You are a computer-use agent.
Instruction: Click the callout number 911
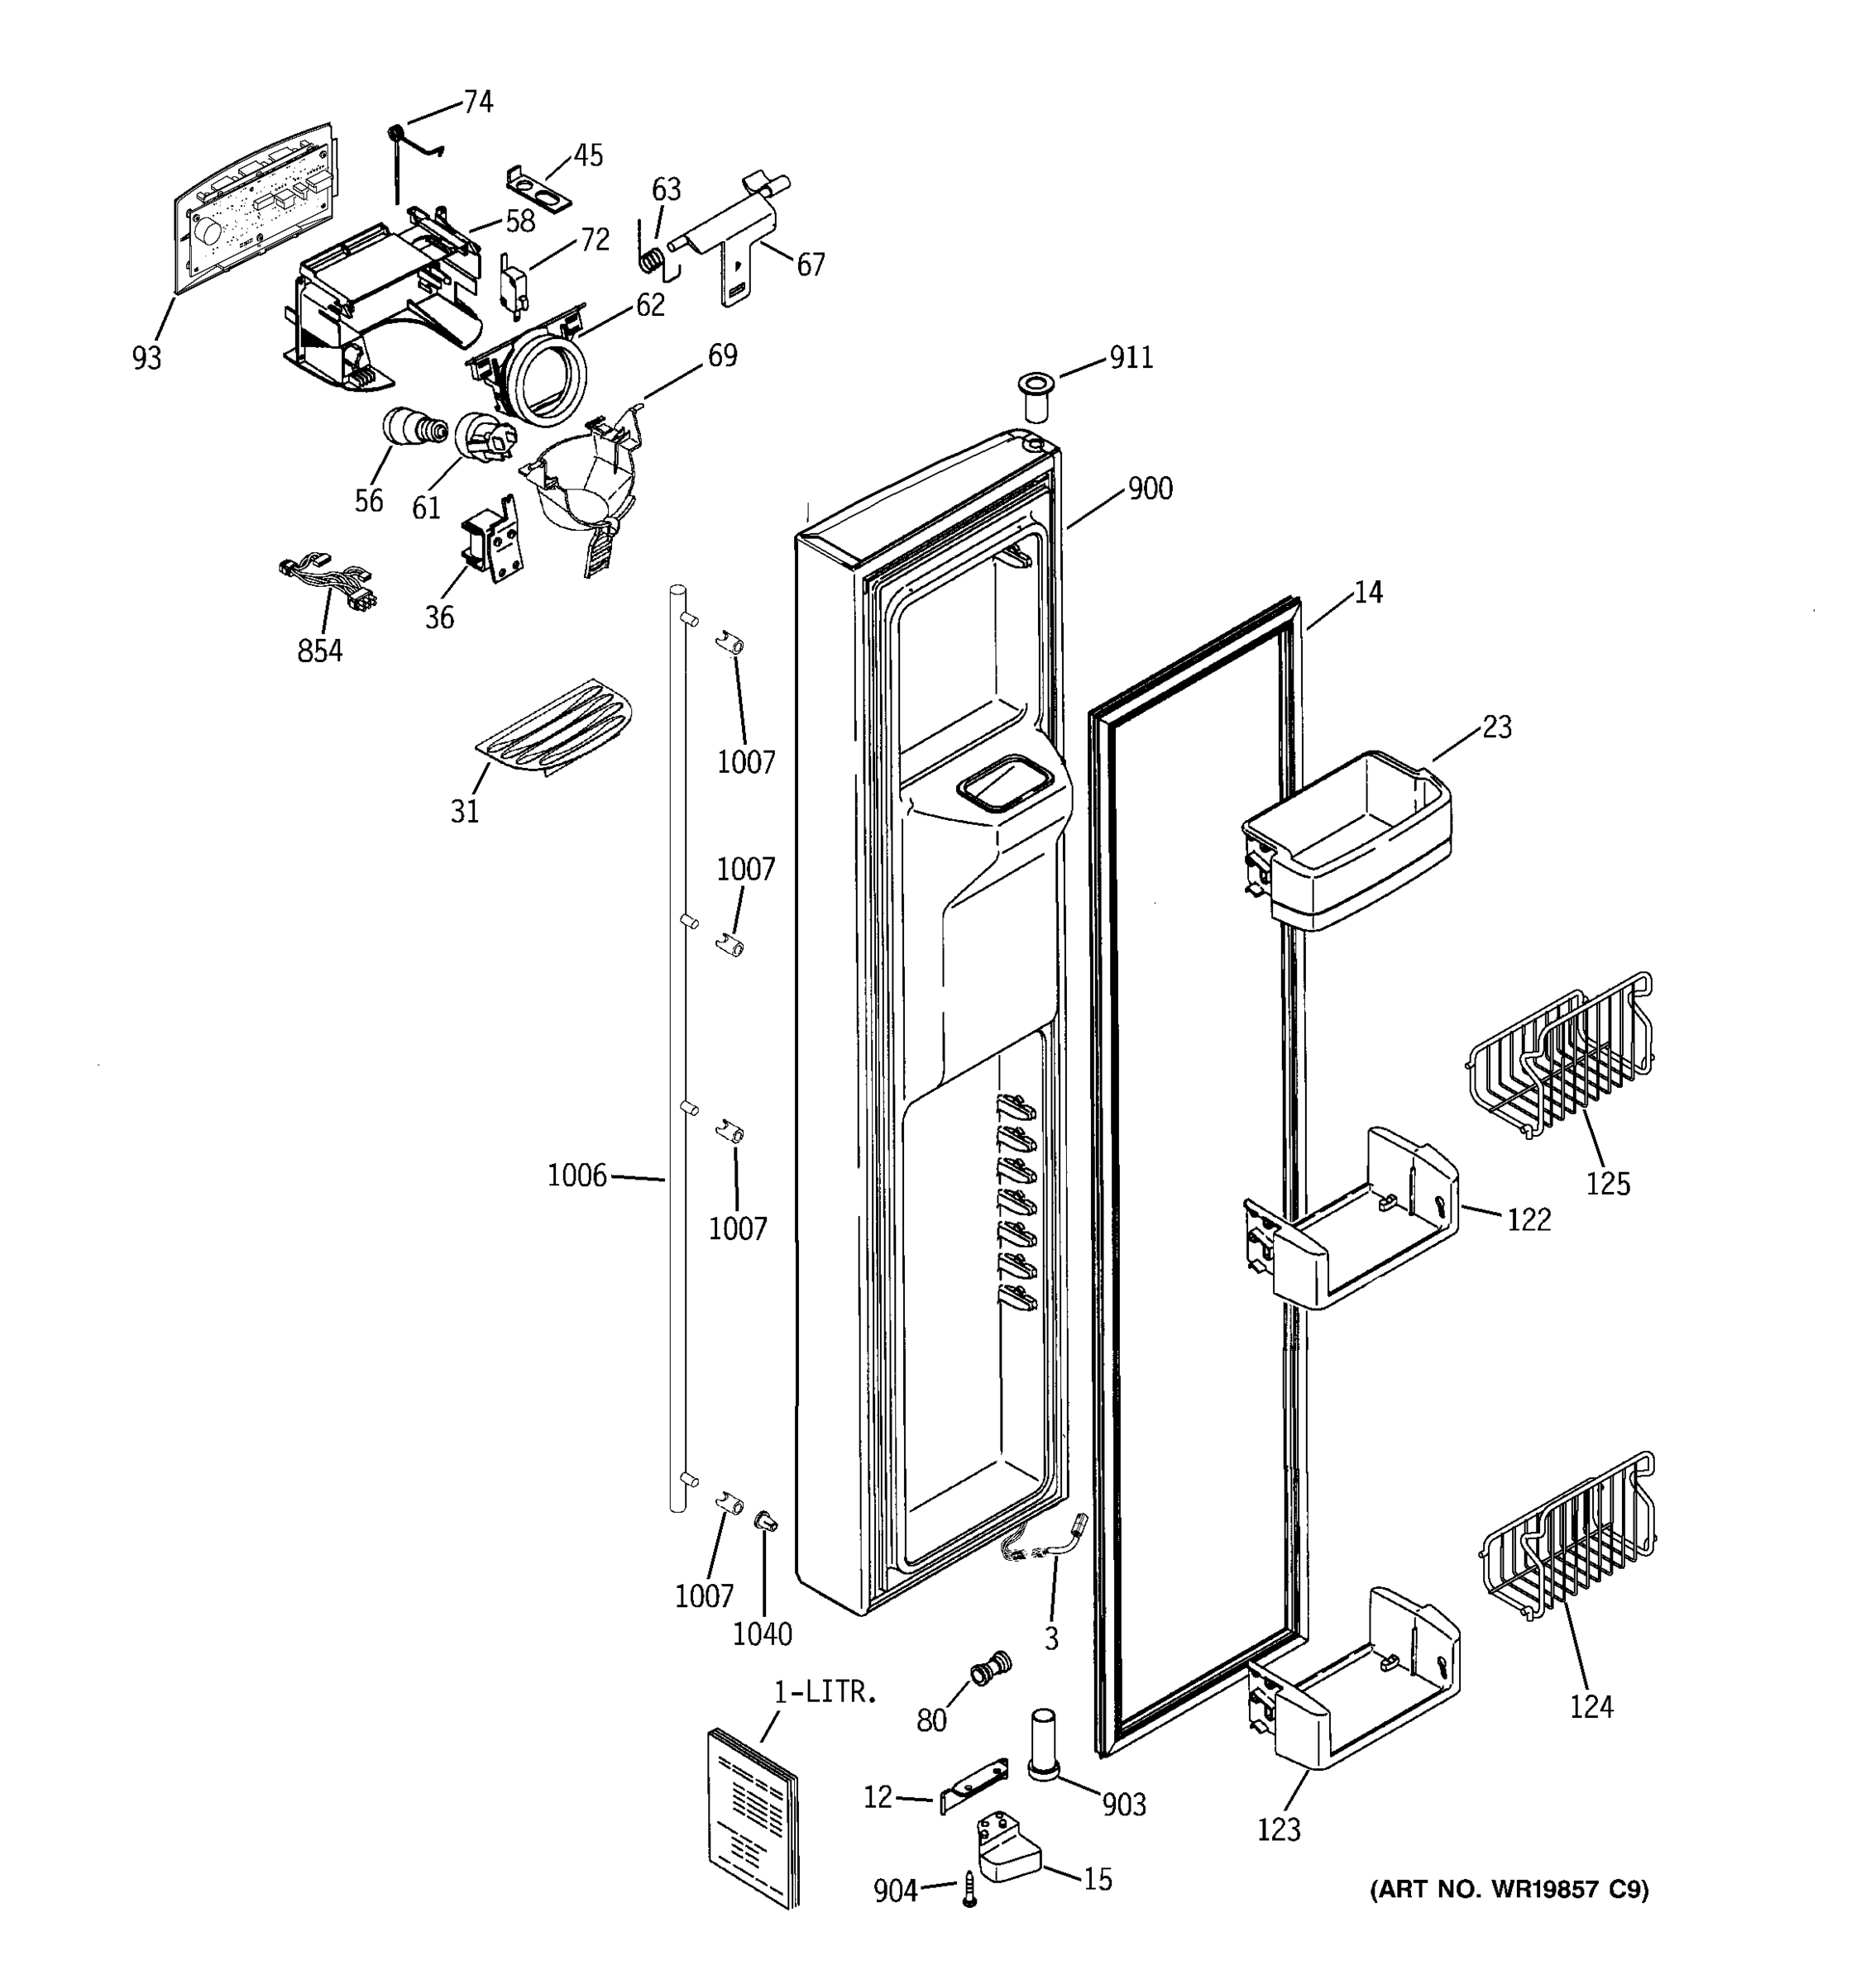pos(1131,357)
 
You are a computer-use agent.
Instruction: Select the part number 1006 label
pos(577,1176)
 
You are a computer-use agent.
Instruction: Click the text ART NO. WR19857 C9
pos(1509,1889)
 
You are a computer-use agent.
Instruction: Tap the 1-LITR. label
pos(825,1691)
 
